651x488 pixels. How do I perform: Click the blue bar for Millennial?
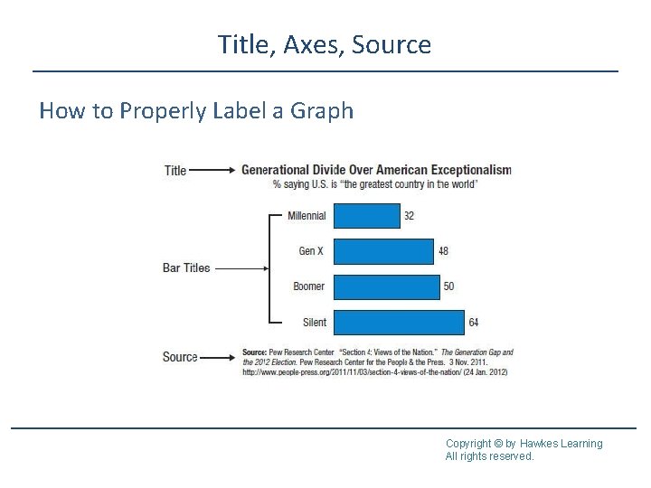366,216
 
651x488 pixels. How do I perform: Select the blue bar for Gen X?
383,251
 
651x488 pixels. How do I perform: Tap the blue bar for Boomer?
386,286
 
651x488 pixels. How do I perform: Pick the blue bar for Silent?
398,322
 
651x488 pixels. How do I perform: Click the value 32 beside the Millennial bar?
410,216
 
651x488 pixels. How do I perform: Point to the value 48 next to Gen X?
443,251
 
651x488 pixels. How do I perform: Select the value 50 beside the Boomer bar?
448,286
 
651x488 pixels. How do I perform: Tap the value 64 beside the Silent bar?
473,322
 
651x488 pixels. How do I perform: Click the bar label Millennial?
307,216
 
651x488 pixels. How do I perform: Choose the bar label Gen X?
311,251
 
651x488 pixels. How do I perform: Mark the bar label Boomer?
308,286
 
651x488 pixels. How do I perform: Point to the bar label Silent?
314,322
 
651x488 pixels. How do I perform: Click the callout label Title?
175,170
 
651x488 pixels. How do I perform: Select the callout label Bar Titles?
185,267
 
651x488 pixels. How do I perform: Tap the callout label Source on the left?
180,357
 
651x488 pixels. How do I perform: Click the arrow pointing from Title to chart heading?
214,170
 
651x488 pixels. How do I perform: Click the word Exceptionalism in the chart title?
470,169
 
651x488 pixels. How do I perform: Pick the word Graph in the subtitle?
322,111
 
